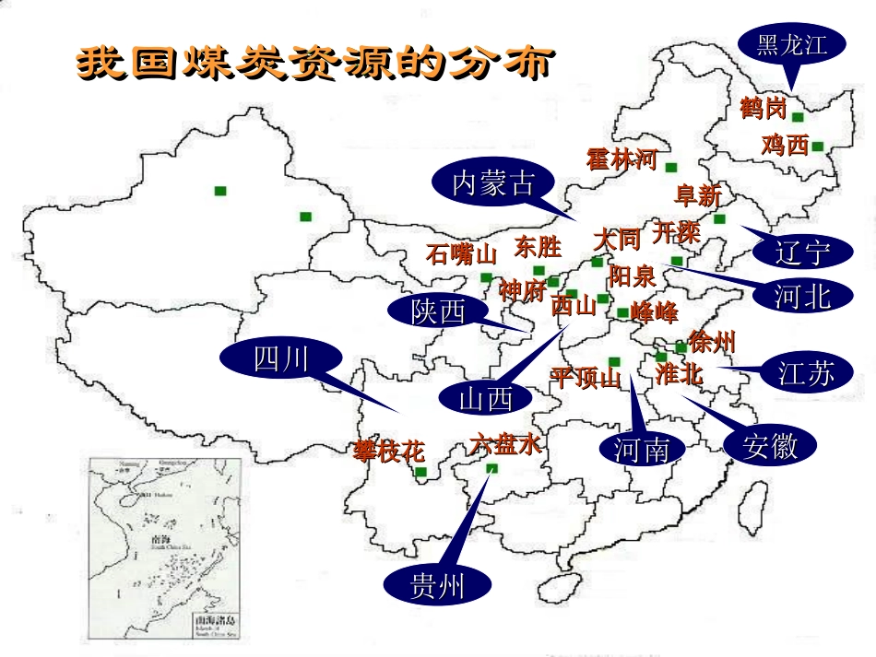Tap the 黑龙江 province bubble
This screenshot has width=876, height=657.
(x=792, y=44)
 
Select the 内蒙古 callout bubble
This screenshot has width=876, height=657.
(x=492, y=183)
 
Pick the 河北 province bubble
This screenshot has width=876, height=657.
(x=802, y=295)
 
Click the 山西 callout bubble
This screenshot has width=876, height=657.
(x=485, y=399)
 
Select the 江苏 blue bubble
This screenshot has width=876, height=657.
(x=805, y=373)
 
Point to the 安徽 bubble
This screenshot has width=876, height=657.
(x=771, y=446)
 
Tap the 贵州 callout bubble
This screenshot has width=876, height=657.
(x=438, y=585)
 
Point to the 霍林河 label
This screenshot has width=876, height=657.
(x=621, y=158)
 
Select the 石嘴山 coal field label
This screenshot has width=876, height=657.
(x=461, y=254)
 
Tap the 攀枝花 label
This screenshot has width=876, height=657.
(x=389, y=451)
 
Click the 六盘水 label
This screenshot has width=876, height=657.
(x=504, y=444)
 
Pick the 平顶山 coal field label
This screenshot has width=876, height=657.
(x=586, y=378)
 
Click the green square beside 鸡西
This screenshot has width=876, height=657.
(x=817, y=146)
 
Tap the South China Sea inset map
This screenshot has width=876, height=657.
(x=165, y=543)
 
